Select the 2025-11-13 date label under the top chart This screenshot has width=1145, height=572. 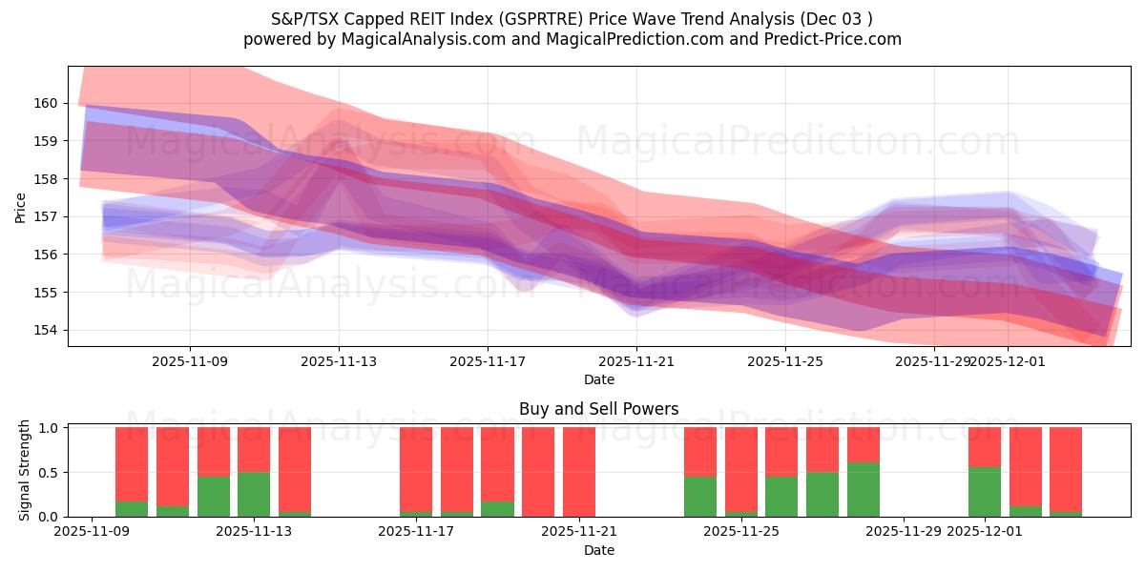tap(339, 361)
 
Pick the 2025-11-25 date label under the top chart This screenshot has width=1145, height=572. tap(785, 361)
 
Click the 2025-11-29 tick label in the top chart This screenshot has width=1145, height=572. tap(934, 361)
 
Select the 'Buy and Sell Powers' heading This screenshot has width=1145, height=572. tap(598, 409)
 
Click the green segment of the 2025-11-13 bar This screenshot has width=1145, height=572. tap(254, 494)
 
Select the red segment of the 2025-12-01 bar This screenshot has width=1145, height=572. tap(985, 447)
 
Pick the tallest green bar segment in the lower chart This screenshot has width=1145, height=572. tap(864, 490)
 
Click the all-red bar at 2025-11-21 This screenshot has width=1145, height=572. tap(579, 472)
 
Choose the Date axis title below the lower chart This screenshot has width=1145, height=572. tap(598, 550)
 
